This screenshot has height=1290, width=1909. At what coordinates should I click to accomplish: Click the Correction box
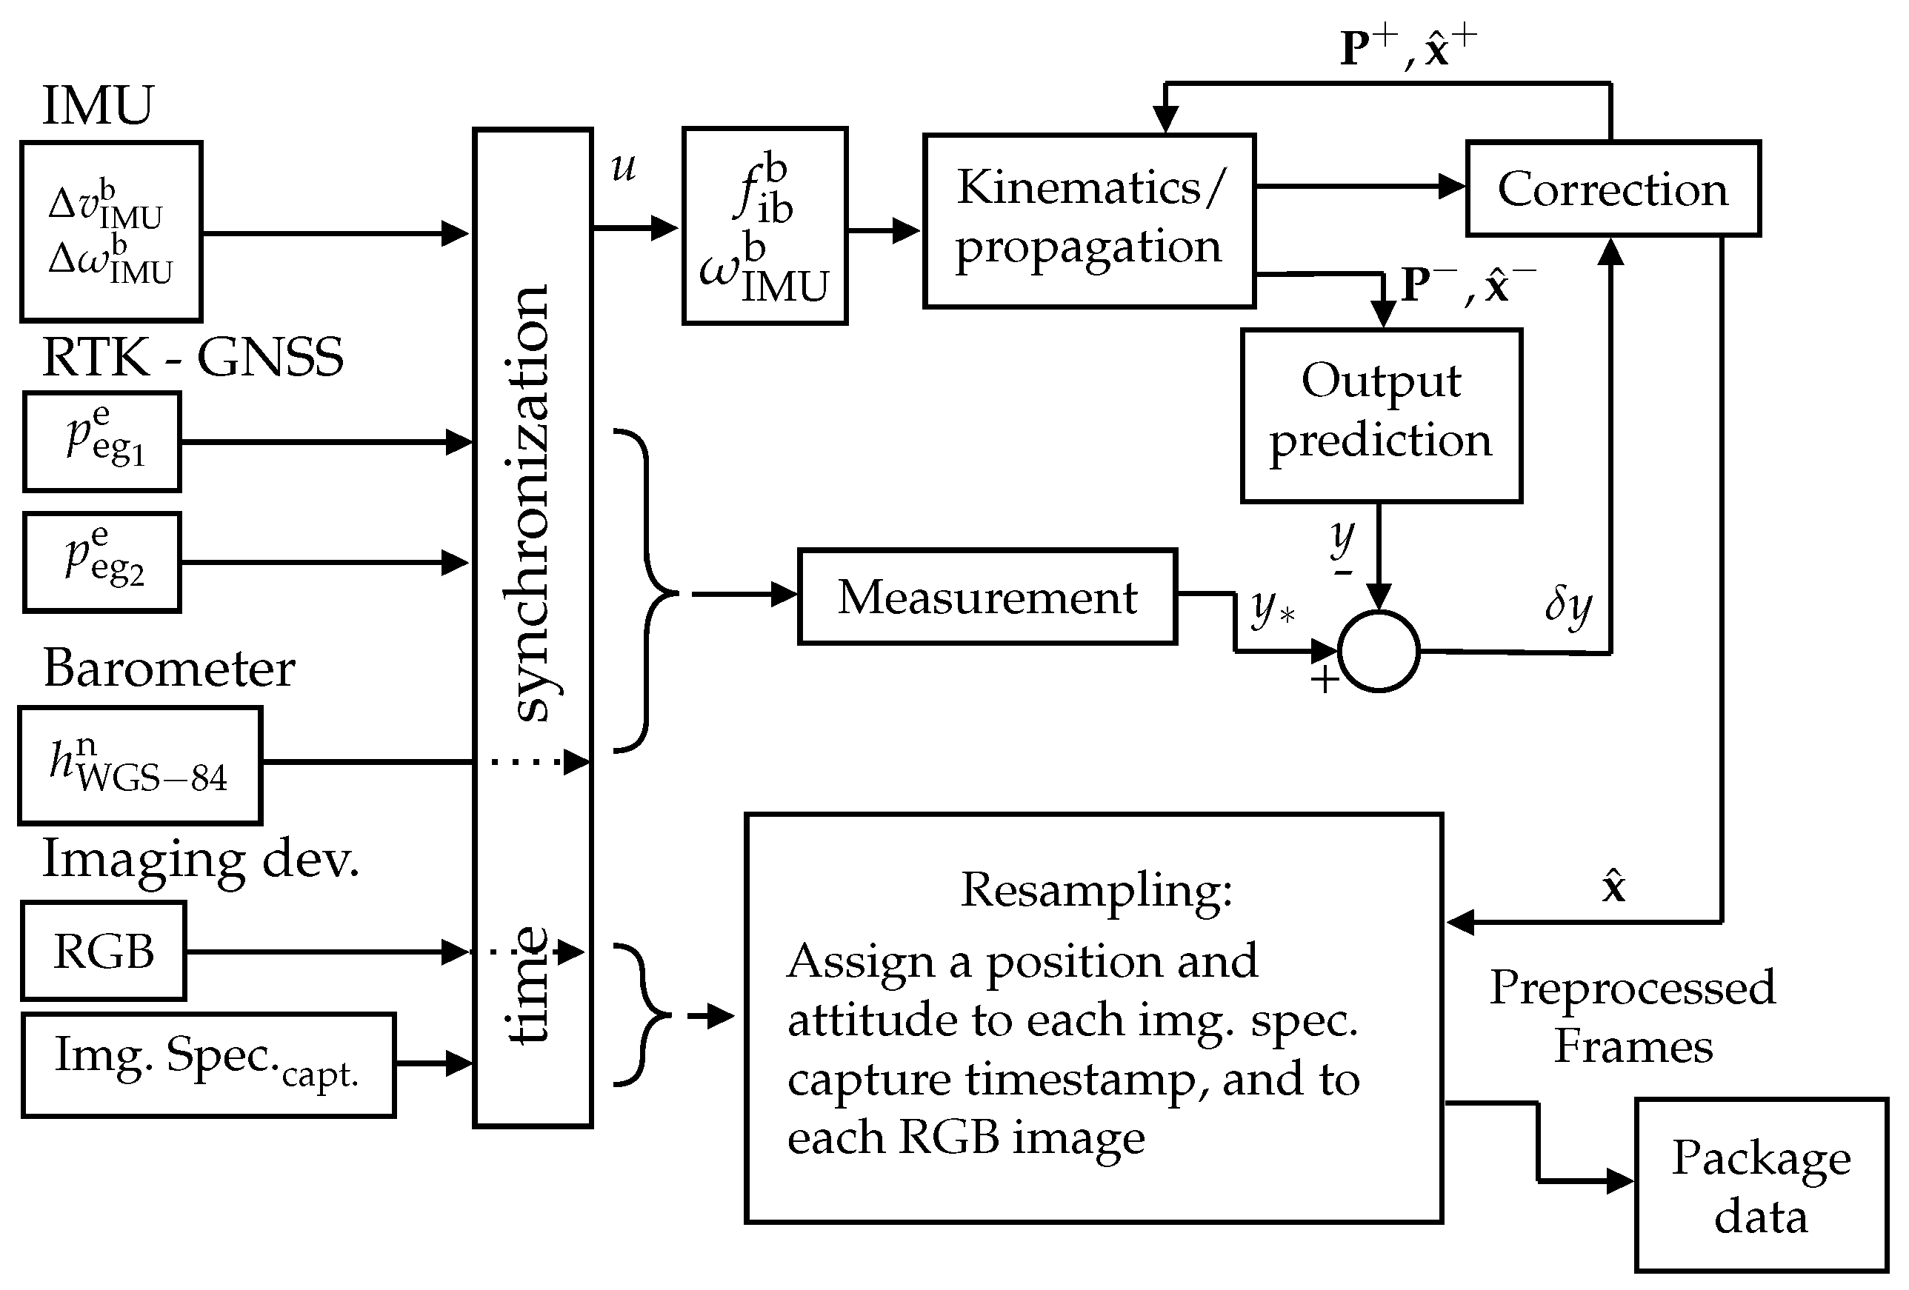pos(1613,189)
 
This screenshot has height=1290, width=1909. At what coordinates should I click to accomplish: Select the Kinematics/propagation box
pos(1089,220)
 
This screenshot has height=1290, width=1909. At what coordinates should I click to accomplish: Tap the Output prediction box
pos(1381,415)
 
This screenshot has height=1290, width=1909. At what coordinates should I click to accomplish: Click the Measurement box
pos(987,596)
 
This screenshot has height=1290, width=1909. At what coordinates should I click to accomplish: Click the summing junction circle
pos(1379,651)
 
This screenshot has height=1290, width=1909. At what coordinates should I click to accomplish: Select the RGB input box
pos(104,951)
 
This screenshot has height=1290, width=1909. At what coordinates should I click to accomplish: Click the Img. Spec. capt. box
pos(208,1064)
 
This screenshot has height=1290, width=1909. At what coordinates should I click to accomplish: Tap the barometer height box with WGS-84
pos(140,764)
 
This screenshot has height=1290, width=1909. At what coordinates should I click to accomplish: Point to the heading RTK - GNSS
pos(192,357)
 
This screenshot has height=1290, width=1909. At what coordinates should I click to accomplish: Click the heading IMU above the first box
pos(97,105)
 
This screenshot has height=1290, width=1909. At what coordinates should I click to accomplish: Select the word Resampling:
pos(1096,889)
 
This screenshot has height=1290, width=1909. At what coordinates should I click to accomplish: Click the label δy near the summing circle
pos(1567,606)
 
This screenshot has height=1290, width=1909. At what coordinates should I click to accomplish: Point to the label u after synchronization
pos(624,167)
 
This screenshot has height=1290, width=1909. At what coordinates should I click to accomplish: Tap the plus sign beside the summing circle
pos(1324,680)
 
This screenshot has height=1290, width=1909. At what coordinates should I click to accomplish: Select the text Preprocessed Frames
pos(1632,1016)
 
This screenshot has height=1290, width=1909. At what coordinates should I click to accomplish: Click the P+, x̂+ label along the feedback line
pos(1407,47)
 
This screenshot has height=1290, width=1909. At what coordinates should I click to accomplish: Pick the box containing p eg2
pos(101,563)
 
